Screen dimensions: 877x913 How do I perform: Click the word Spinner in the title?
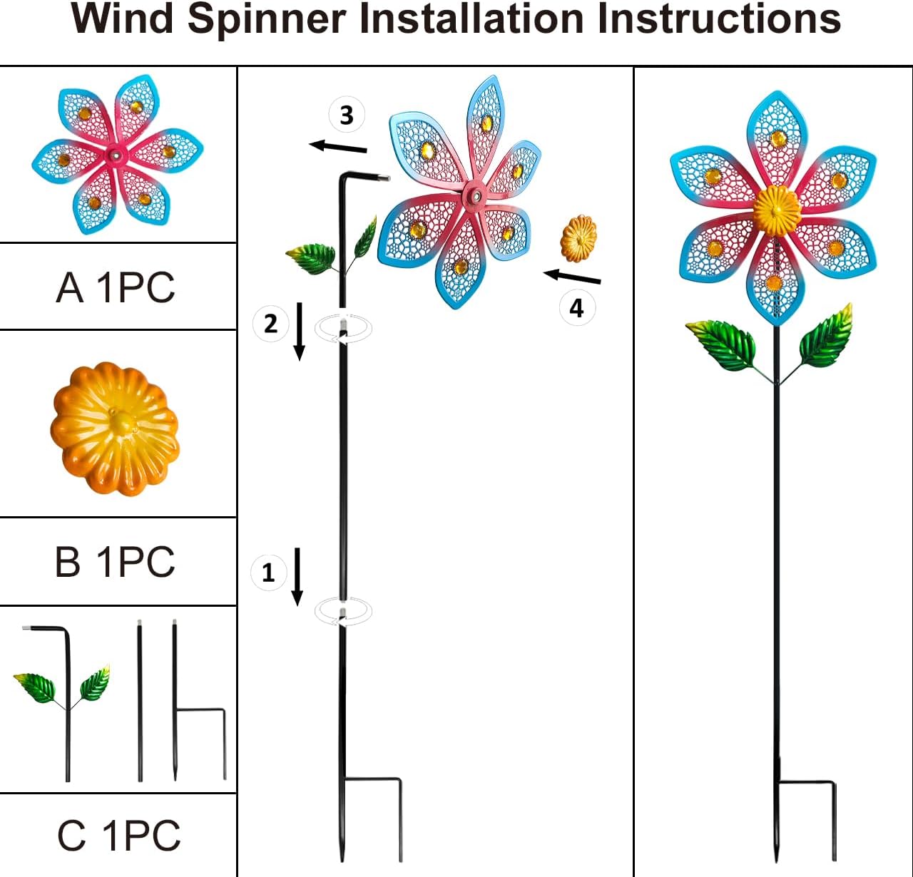tap(267, 19)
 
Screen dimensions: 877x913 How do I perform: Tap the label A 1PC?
tap(116, 287)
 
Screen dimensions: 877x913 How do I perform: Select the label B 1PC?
tap(115, 562)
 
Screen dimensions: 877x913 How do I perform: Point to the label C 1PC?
tap(119, 836)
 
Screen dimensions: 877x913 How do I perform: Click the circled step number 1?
tap(269, 572)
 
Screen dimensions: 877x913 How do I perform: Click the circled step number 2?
tap(270, 324)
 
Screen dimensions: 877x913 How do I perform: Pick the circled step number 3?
tap(347, 115)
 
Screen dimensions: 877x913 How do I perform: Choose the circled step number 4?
tap(577, 308)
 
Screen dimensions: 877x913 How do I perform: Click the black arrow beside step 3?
tap(338, 147)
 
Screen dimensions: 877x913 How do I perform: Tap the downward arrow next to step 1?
tap(298, 576)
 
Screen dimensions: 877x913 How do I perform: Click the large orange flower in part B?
tap(115, 428)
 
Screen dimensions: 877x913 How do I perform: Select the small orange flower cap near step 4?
tap(578, 239)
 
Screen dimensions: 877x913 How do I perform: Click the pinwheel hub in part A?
tap(114, 154)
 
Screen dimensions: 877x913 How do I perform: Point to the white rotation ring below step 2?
tap(344, 329)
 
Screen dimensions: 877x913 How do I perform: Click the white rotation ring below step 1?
tap(344, 611)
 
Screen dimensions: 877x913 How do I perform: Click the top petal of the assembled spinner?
tap(777, 135)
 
